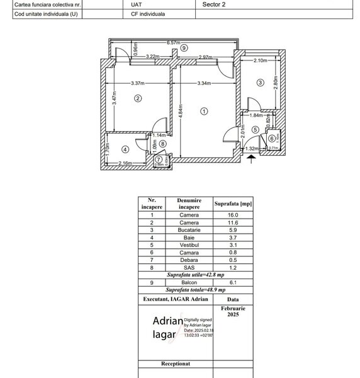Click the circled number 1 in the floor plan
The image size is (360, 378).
tap(203, 112)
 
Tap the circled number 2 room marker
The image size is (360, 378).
tap(138, 98)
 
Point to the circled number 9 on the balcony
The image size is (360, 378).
tap(183, 48)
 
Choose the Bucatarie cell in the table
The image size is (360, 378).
tap(189, 229)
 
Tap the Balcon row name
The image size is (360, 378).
tap(189, 282)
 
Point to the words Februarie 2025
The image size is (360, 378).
tap(233, 311)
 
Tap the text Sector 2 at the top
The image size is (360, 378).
tap(213, 3)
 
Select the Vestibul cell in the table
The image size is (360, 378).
tap(189, 243)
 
